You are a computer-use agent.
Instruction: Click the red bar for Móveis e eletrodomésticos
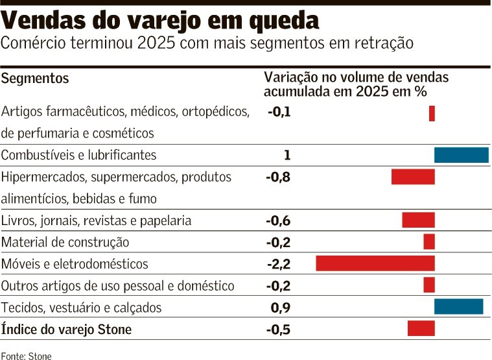(375, 263)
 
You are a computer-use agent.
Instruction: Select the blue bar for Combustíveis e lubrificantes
(461, 155)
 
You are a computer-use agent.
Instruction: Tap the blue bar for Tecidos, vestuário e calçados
(458, 307)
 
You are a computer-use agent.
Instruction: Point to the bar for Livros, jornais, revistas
(418, 220)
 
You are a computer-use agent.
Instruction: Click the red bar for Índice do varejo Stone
(421, 329)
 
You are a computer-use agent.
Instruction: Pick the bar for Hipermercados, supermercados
(412, 176)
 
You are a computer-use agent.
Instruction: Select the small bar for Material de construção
(429, 242)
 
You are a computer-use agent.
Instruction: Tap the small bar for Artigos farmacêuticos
(432, 114)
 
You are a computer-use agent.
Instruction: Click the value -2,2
(279, 264)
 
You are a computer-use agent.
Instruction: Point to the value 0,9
(281, 307)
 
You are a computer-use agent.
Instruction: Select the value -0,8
(279, 177)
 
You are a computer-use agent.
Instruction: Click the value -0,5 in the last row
(279, 330)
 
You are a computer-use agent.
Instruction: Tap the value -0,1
(279, 112)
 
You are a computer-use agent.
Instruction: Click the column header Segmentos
(35, 78)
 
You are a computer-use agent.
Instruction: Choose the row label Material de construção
(65, 243)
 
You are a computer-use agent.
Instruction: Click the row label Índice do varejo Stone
(66, 330)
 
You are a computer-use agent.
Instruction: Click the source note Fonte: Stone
(26, 355)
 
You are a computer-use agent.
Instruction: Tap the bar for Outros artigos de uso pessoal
(429, 285)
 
